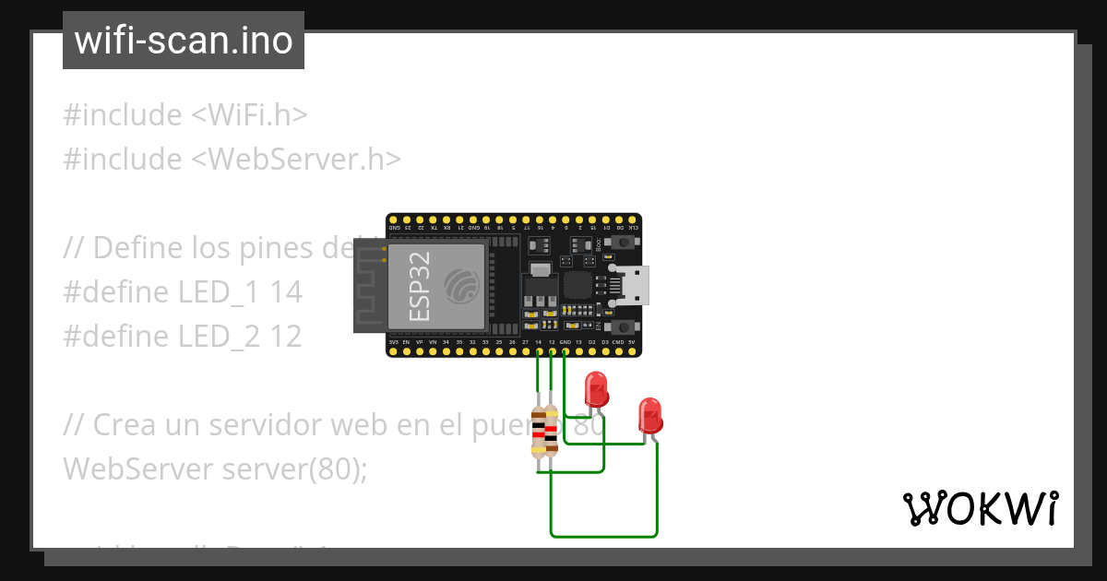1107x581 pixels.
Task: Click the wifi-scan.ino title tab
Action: coord(184,41)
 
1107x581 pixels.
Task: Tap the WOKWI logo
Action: coord(980,509)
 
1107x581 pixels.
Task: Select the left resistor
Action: coord(539,431)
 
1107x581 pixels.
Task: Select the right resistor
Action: coord(552,431)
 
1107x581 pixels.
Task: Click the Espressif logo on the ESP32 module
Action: coord(462,285)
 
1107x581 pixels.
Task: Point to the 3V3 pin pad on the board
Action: coord(394,350)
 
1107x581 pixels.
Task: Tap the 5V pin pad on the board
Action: coord(632,350)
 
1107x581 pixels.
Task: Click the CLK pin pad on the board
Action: coord(633,219)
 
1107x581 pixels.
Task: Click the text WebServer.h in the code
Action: coord(304,160)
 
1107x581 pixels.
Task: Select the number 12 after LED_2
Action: coord(286,337)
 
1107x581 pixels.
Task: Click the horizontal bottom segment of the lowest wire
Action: coord(604,536)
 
